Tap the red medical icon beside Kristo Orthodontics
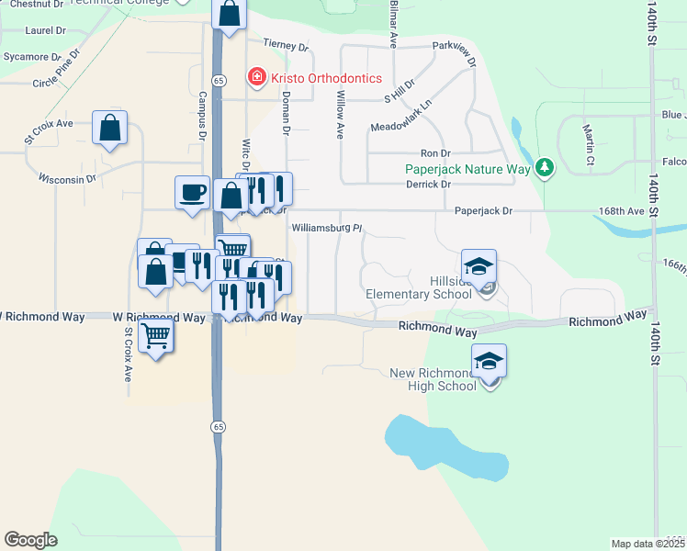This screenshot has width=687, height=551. [x=257, y=77]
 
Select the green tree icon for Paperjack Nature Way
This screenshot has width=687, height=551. [x=546, y=167]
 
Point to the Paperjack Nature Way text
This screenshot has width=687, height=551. [x=468, y=169]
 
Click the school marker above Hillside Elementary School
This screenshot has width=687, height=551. [x=479, y=267]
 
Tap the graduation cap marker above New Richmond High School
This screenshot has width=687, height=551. [x=490, y=362]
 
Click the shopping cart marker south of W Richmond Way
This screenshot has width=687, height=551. [x=157, y=335]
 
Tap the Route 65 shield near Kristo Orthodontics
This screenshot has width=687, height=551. [x=218, y=81]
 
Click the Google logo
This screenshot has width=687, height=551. [x=30, y=540]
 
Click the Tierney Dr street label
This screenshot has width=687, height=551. [x=285, y=44]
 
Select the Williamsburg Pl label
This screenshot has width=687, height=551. [x=328, y=228]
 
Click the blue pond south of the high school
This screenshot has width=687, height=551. [x=446, y=445]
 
